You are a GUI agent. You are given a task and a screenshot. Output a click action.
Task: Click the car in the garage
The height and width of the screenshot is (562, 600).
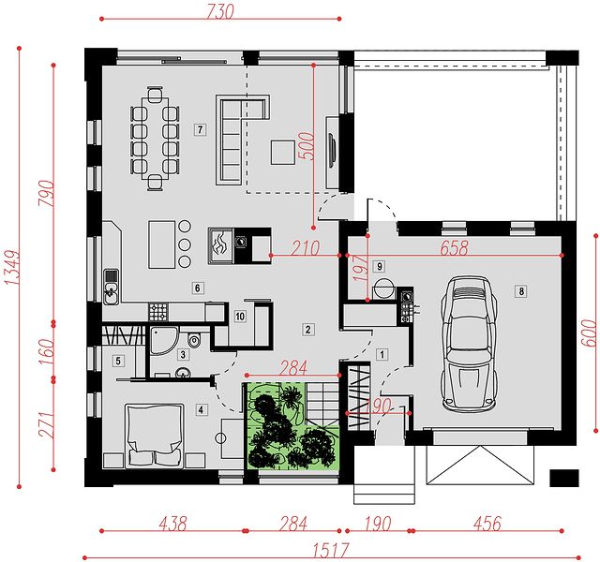(469, 344)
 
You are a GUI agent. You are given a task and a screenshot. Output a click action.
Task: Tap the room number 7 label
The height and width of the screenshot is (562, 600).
(200, 129)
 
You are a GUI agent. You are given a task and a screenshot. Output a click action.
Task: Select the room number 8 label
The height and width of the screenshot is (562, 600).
(521, 291)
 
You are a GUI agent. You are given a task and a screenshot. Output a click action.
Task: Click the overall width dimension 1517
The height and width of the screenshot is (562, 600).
(331, 551)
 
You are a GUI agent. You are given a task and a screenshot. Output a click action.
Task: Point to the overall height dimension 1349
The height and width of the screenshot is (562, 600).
(12, 268)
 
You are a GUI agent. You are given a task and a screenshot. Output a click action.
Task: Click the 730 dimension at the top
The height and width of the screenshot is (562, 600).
(220, 11)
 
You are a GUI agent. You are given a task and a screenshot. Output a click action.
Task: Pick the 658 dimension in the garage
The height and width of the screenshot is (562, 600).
(454, 247)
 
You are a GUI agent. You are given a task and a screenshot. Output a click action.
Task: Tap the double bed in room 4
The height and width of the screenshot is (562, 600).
(155, 435)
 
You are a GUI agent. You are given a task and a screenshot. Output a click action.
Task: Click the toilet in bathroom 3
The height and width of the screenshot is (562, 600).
(195, 340)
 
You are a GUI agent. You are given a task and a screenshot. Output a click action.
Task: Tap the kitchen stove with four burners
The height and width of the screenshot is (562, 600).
(158, 312)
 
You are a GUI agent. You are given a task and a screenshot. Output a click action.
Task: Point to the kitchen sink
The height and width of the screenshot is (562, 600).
(111, 287)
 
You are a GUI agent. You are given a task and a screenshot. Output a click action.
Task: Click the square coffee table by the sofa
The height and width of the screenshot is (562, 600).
(283, 152)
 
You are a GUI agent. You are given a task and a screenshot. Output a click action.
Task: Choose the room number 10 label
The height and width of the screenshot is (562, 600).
(240, 317)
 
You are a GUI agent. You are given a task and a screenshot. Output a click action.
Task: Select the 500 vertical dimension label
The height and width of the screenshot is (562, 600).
(307, 146)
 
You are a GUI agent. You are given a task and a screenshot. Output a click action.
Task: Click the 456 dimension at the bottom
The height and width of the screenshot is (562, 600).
(487, 524)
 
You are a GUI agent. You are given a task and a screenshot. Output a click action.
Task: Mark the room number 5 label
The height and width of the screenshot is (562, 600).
(118, 361)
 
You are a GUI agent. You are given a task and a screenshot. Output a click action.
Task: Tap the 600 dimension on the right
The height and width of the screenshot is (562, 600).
(590, 333)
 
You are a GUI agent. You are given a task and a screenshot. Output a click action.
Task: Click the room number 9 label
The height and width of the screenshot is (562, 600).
(379, 266)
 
